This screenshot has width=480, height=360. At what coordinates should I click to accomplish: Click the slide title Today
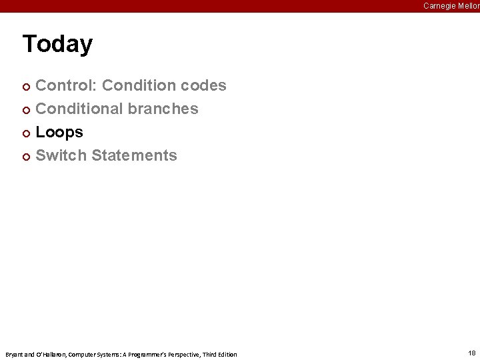coord(57,44)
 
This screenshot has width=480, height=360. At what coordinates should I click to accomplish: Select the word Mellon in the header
coord(467,6)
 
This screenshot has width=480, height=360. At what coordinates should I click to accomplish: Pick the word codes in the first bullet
coord(205,85)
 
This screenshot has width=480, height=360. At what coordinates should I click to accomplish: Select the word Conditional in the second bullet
coord(80,109)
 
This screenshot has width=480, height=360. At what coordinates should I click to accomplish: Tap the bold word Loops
coord(59,132)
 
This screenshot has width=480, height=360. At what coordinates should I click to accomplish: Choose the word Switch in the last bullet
coord(61,155)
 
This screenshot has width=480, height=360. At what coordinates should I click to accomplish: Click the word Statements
coord(134,155)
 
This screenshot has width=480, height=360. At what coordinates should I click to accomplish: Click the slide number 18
coord(471,353)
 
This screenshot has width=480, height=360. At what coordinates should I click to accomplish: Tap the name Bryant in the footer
coord(13,354)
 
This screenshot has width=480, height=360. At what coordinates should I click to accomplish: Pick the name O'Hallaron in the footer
coord(45,354)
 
